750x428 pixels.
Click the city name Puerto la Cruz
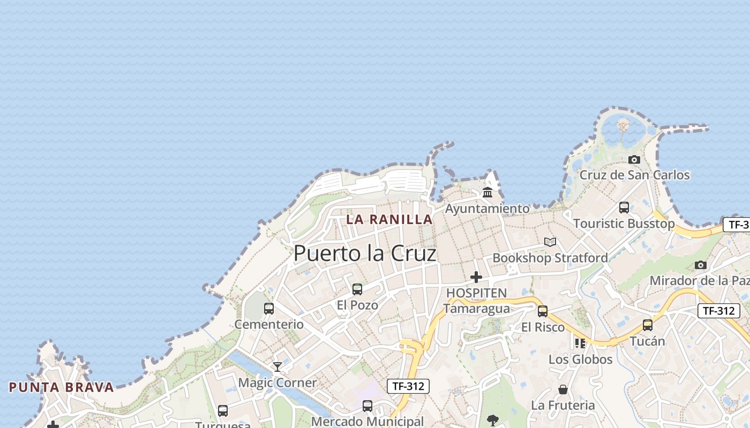pyautogui.click(x=365, y=253)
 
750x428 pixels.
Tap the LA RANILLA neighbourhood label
pyautogui.click(x=389, y=219)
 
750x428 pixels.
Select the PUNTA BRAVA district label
pyautogui.click(x=62, y=387)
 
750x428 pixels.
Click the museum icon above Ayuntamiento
pyautogui.click(x=487, y=193)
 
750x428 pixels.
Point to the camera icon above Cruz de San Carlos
pyautogui.click(x=634, y=159)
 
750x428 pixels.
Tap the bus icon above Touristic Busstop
pyautogui.click(x=624, y=208)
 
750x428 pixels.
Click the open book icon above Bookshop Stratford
pyautogui.click(x=550, y=242)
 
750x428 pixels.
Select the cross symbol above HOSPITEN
pyautogui.click(x=476, y=277)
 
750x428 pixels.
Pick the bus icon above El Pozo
pyautogui.click(x=357, y=289)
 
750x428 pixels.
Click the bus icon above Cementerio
pyautogui.click(x=269, y=309)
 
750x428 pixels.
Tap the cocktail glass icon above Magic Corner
pyautogui.click(x=277, y=367)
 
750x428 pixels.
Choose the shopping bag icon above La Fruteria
pyautogui.click(x=563, y=389)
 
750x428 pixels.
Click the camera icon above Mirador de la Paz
pyautogui.click(x=700, y=265)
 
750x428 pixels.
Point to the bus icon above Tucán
pyautogui.click(x=648, y=325)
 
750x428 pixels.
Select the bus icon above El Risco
pyautogui.click(x=543, y=311)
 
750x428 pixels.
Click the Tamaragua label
pyautogui.click(x=476, y=309)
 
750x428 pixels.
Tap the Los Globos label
pyautogui.click(x=580, y=360)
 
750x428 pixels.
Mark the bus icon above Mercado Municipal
pyautogui.click(x=367, y=406)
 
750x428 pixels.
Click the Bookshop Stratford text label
pyautogui.click(x=550, y=258)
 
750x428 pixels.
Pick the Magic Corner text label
pyautogui.click(x=277, y=383)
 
